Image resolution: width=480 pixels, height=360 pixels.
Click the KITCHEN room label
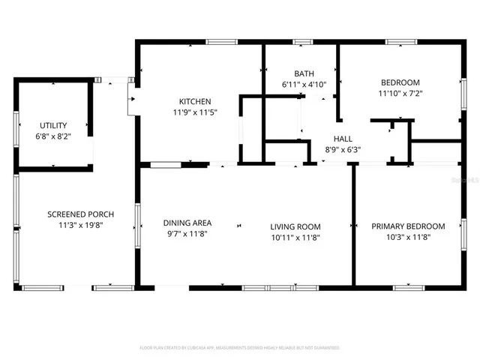click(194, 102)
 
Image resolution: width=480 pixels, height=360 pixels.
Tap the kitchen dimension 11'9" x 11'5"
click(194, 112)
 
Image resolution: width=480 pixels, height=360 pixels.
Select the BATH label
click(304, 73)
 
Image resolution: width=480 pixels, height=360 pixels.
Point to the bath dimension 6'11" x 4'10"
click(304, 84)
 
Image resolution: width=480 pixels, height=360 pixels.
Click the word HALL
click(343, 139)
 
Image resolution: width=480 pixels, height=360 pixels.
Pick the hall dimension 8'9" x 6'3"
click(343, 149)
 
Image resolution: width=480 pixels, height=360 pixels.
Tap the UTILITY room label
click(53, 125)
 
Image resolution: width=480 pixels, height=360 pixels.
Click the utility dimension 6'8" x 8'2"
click(53, 136)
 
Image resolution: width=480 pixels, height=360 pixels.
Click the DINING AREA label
click(187, 223)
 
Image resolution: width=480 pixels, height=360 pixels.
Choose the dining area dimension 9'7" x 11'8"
click(187, 233)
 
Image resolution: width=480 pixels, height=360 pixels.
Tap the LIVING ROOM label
click(295, 226)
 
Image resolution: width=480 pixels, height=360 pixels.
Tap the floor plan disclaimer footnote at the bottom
click(240, 348)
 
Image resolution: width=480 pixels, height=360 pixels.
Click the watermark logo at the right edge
click(469, 181)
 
